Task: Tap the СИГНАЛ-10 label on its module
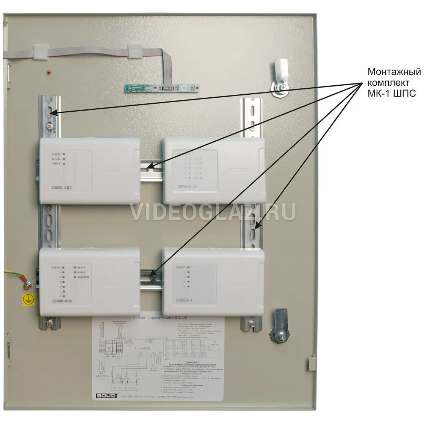188,186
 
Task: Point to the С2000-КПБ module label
62,301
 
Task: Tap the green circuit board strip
162,88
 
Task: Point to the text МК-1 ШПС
392,94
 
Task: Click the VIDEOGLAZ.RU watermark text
212,212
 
